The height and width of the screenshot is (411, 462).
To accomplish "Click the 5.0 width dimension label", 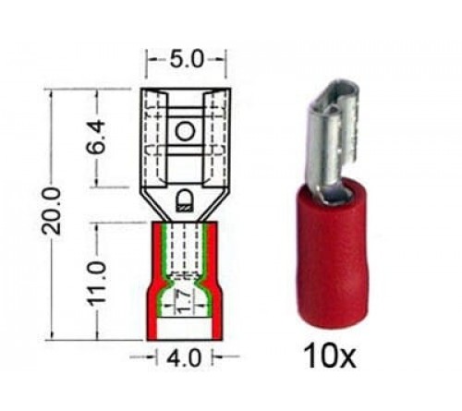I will (186, 59).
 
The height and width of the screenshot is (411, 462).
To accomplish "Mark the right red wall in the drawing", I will (213, 277).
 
